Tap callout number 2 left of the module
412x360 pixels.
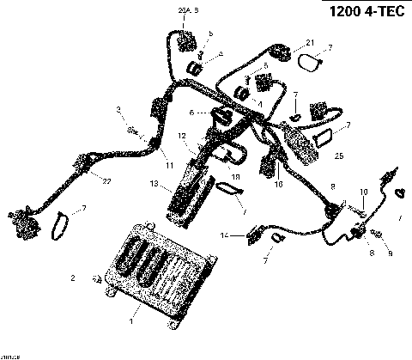[x=74, y=278]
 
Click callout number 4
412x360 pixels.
[x=221, y=54]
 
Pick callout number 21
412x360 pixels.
[x=310, y=42]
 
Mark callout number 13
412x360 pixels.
[x=153, y=184]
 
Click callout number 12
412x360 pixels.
[x=182, y=136]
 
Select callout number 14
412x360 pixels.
[x=224, y=235]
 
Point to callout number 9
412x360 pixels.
[x=389, y=254]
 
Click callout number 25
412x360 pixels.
[x=339, y=157]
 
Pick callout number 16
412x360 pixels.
[x=279, y=183]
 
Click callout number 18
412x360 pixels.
[x=236, y=177]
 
